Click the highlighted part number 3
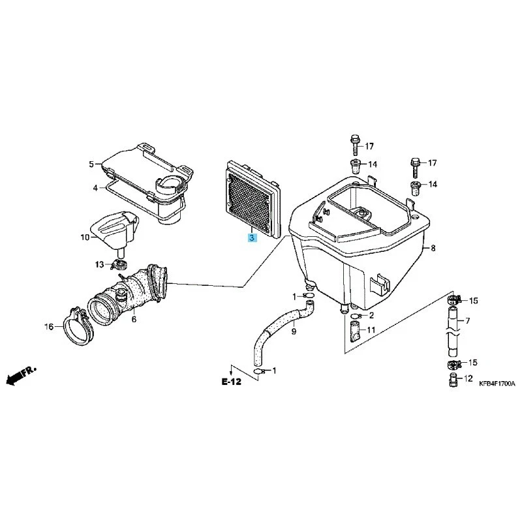(x=253, y=239)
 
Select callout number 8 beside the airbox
(x=432, y=249)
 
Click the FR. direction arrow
(x=20, y=375)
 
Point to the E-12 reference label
(x=231, y=382)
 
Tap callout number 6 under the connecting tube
(x=134, y=319)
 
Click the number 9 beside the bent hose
(x=294, y=331)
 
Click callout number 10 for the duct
(x=85, y=237)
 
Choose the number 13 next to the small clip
(x=99, y=264)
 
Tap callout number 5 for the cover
(x=92, y=164)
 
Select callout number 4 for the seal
(x=95, y=188)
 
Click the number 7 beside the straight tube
(x=467, y=322)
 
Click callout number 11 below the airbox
(x=370, y=331)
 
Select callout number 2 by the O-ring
(x=370, y=315)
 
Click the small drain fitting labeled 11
(x=354, y=333)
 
